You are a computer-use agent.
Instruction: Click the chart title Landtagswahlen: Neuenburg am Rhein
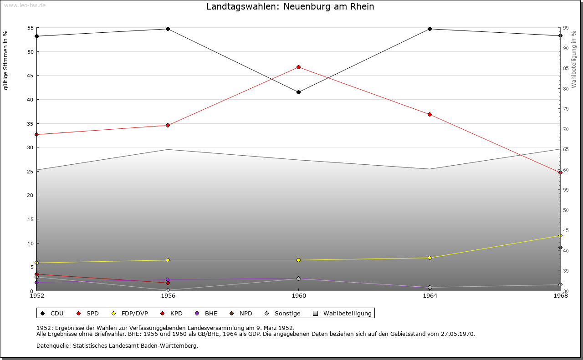(x=290, y=7)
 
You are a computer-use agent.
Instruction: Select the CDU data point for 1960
(x=298, y=92)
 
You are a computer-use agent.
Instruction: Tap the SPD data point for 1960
(x=298, y=67)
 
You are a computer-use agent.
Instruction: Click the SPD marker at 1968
(x=560, y=172)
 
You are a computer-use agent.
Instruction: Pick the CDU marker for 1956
(x=168, y=29)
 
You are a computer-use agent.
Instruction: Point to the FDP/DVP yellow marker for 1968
(x=560, y=235)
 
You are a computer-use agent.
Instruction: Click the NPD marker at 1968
(x=560, y=248)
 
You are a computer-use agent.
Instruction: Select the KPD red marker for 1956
(x=168, y=283)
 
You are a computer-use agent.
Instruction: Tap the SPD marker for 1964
(x=430, y=114)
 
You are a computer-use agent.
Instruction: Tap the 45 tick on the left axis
(x=31, y=76)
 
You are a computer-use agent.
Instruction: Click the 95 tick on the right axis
(x=565, y=28)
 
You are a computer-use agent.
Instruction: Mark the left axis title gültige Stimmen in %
(x=6, y=60)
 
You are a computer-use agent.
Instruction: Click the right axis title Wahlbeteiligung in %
(x=574, y=59)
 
